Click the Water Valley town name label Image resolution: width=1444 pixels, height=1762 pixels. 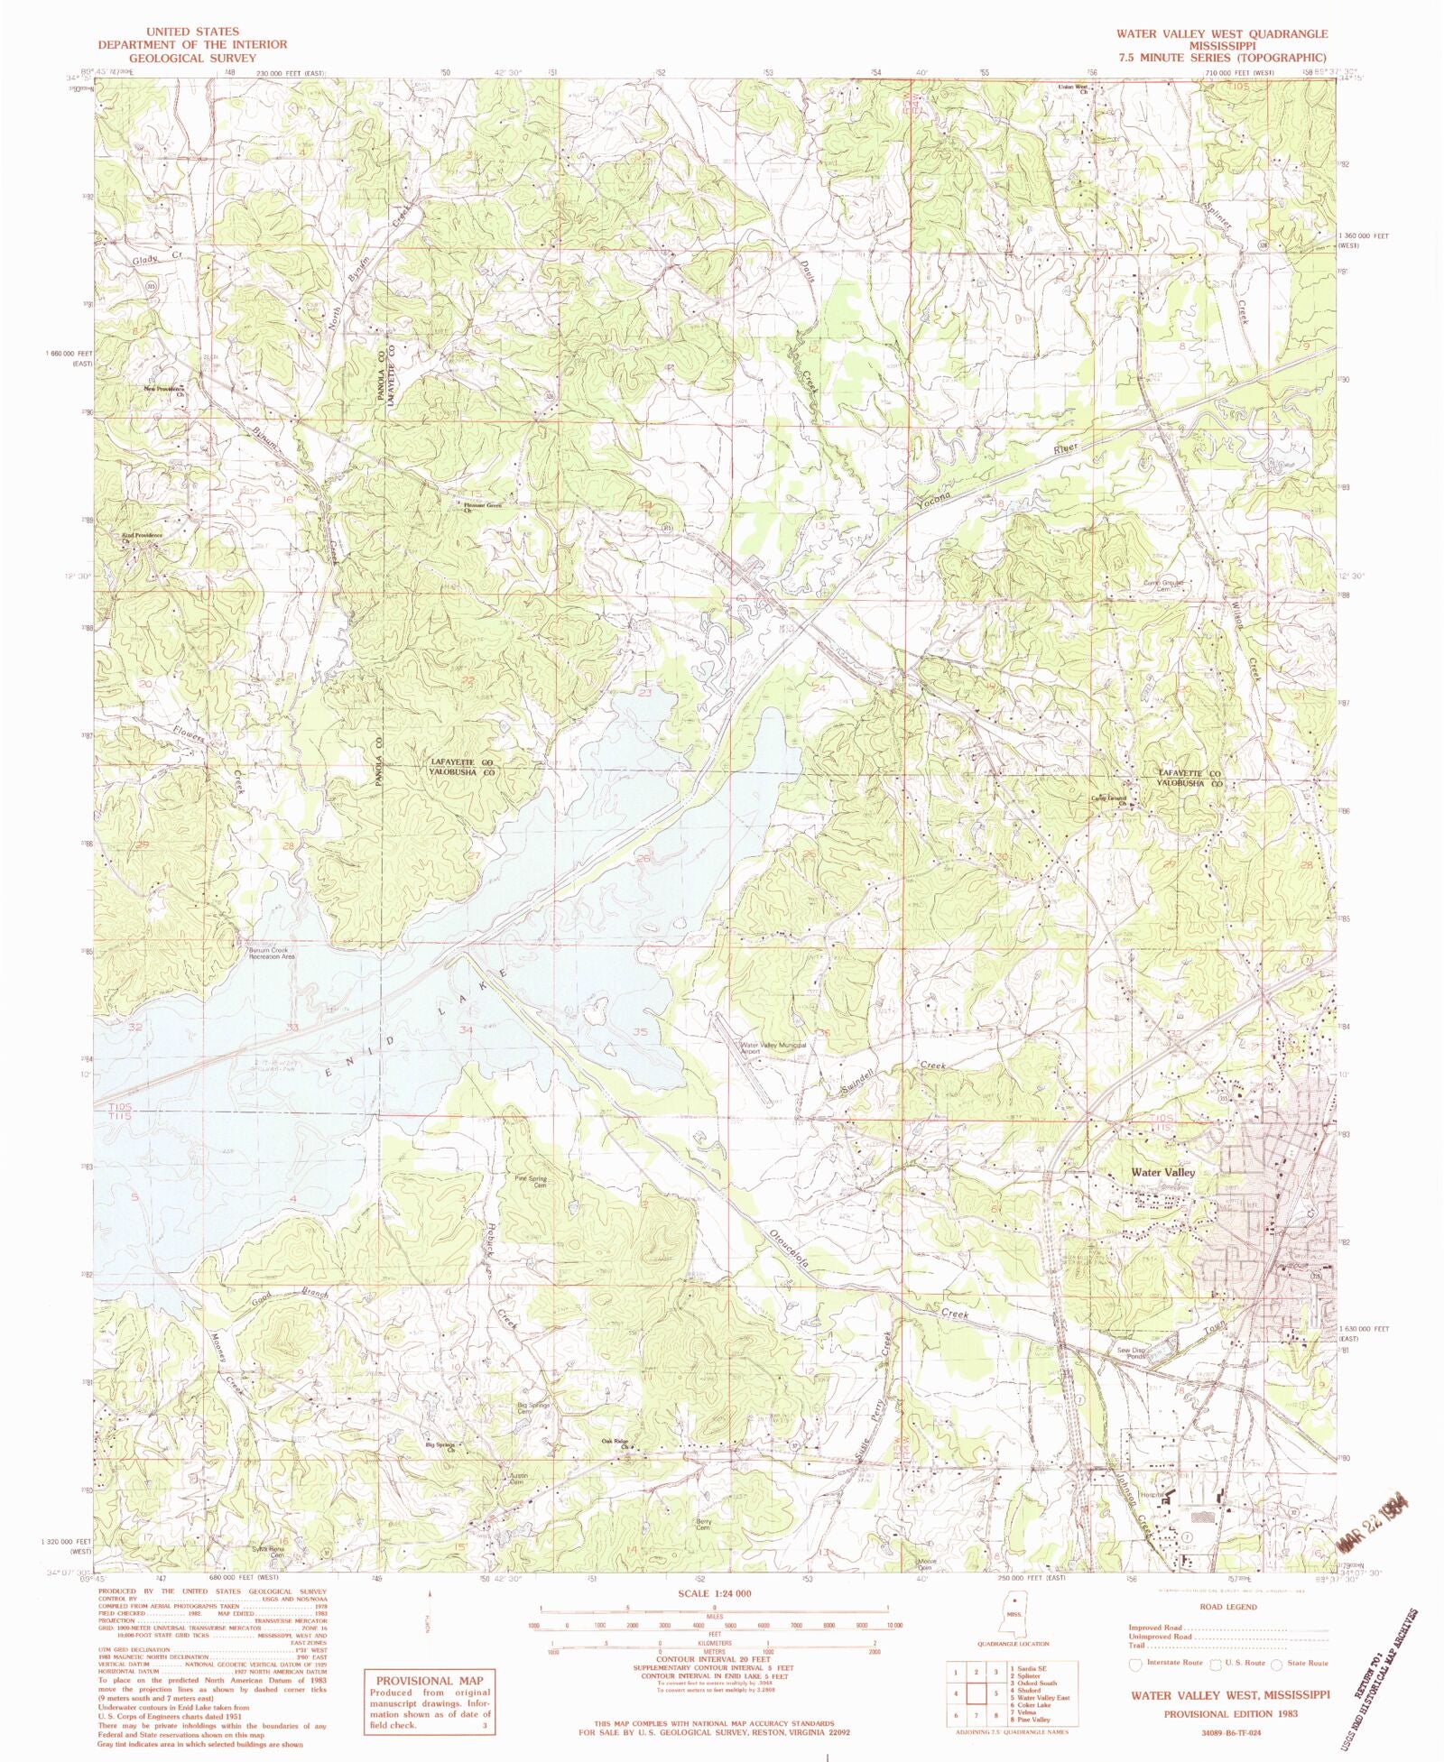[x=1162, y=1172]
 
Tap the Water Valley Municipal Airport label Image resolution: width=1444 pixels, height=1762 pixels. [x=773, y=1048]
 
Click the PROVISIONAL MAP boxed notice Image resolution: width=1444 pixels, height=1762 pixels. [x=428, y=1702]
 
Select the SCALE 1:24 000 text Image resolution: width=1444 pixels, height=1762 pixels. [x=714, y=1593]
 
